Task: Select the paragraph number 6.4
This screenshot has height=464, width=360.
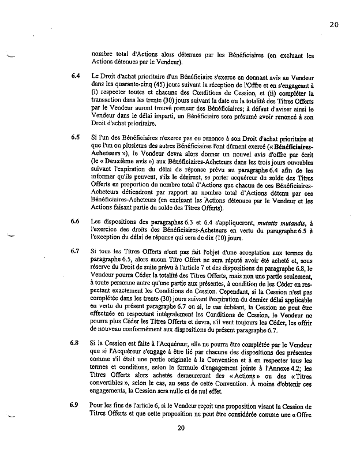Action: (76, 76)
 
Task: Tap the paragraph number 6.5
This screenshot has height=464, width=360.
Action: (76, 138)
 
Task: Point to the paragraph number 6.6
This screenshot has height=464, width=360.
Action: (76, 221)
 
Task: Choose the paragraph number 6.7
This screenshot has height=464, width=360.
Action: (76, 252)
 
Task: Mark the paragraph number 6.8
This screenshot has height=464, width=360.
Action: (76, 343)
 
